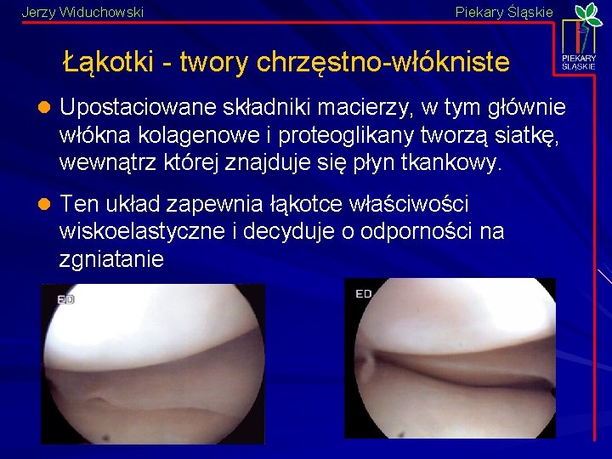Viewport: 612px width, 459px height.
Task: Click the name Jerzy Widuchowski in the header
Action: pyautogui.click(x=82, y=12)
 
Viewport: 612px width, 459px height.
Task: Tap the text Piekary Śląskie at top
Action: pyautogui.click(x=504, y=12)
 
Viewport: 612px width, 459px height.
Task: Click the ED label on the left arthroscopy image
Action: pyautogui.click(x=65, y=299)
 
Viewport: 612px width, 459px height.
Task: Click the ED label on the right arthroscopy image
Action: pyautogui.click(x=363, y=293)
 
